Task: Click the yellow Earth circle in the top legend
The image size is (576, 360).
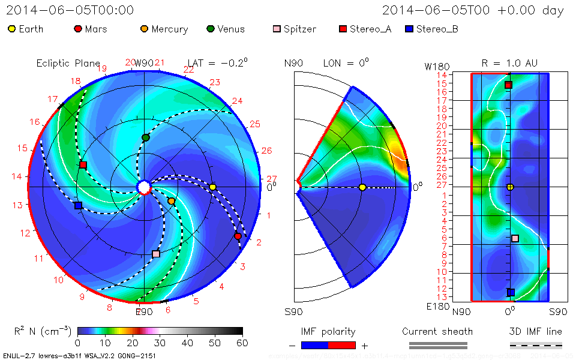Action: pyautogui.click(x=12, y=29)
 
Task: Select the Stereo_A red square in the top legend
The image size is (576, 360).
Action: pyautogui.click(x=343, y=29)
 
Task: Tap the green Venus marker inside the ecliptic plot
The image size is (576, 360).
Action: pyautogui.click(x=145, y=138)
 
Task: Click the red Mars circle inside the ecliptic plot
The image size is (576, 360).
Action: pyautogui.click(x=238, y=236)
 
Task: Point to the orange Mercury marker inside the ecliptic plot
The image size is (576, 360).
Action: pyautogui.click(x=171, y=201)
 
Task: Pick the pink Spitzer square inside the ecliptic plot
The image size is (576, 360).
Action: pyautogui.click(x=156, y=254)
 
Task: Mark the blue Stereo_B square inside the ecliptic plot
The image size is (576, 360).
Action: pyautogui.click(x=78, y=205)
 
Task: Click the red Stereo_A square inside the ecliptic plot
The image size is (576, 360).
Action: pyautogui.click(x=83, y=165)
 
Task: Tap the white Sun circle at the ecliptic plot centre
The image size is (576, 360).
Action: pyautogui.click(x=144, y=188)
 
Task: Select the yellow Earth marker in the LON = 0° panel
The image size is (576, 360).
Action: pyautogui.click(x=362, y=188)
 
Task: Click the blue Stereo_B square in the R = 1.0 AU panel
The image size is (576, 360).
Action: pyautogui.click(x=511, y=293)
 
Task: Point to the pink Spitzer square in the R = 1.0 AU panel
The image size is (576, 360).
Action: pyautogui.click(x=515, y=238)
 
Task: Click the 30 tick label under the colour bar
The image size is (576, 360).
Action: pyautogui.click(x=160, y=343)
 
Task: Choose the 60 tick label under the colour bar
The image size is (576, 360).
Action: pyautogui.click(x=242, y=343)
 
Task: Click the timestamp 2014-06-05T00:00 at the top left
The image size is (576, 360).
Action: pyautogui.click(x=70, y=10)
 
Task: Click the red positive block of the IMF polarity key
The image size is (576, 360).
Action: pyautogui.click(x=342, y=345)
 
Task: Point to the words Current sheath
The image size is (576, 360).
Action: pyautogui.click(x=437, y=331)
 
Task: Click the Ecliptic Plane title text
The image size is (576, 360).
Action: pyautogui.click(x=68, y=63)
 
